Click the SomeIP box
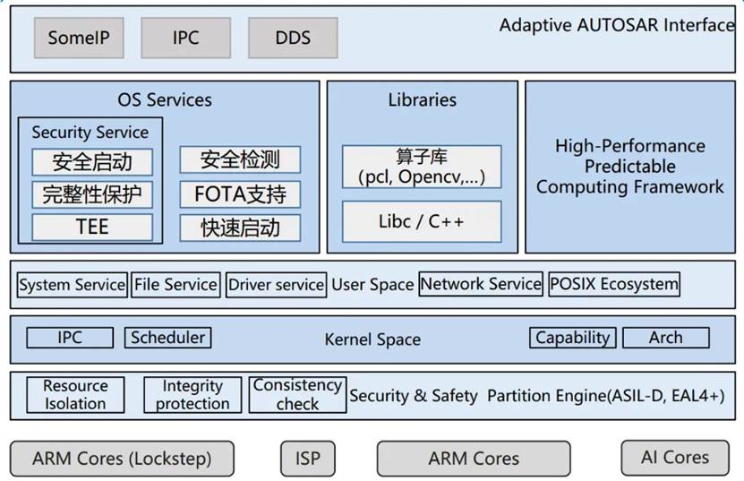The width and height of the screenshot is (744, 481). point(77,39)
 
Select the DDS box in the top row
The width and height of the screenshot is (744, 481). point(293,39)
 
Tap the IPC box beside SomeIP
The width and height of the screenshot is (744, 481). point(185,39)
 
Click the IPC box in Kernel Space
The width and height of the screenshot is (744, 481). point(70,338)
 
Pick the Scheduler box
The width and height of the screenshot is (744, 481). point(167,338)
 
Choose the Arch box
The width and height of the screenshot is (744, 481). point(665,338)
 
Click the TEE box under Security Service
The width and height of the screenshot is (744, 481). point(91,228)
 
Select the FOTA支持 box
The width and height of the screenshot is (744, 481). point(240,194)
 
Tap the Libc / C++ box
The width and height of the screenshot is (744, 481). point(422,221)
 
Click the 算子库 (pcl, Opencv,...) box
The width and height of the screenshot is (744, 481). point(422,167)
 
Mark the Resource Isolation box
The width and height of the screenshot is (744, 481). point(75,395)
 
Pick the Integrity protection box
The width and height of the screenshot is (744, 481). point(192,395)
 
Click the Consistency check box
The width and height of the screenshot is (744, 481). point(297,395)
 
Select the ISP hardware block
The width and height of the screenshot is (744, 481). point(307,459)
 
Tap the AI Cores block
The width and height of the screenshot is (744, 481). point(674,458)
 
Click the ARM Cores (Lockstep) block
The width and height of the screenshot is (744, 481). point(122,459)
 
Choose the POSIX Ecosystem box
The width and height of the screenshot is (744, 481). point(613,285)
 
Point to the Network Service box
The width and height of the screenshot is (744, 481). point(481,285)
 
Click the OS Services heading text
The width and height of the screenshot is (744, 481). point(165,100)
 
